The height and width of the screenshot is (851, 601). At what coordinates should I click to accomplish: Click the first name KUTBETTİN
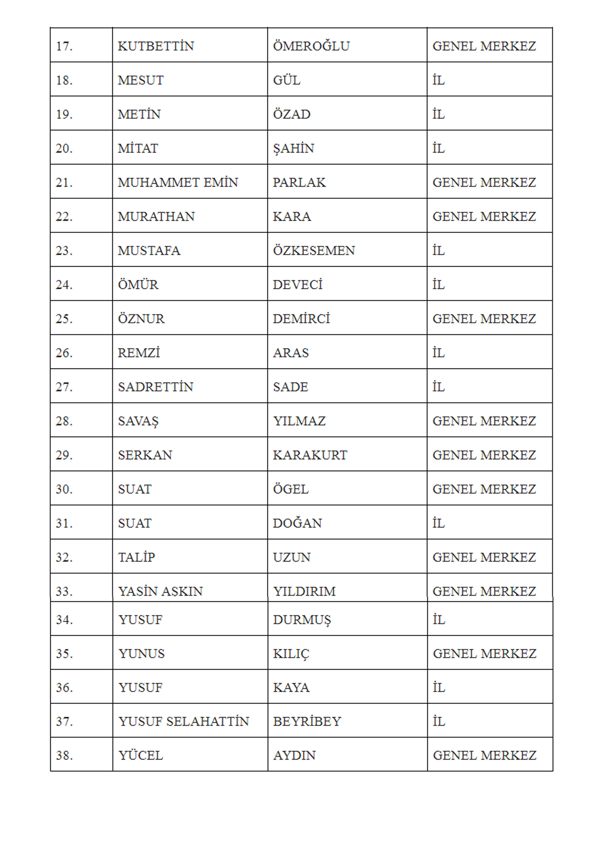[x=156, y=46]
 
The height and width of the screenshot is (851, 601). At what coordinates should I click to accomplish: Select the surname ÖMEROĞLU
[x=311, y=46]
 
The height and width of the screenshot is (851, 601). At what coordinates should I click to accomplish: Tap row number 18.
[x=64, y=80]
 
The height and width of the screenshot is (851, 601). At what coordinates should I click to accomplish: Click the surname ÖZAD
[x=292, y=114]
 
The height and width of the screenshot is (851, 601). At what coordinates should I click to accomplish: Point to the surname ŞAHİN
[x=293, y=148]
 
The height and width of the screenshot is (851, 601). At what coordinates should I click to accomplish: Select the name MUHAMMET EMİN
[x=178, y=182]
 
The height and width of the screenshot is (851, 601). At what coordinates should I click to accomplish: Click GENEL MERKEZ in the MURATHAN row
[x=484, y=216]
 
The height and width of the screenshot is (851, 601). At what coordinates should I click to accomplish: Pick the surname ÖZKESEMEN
[x=314, y=251]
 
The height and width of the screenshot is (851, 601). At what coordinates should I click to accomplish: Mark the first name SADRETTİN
[x=156, y=387]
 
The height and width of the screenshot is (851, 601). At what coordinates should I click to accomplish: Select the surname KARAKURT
[x=310, y=455]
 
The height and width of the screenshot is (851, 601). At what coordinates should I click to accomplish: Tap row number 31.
[x=64, y=523]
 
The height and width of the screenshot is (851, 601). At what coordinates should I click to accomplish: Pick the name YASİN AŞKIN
[x=160, y=591]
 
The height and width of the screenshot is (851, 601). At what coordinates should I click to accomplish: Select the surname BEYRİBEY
[x=307, y=721]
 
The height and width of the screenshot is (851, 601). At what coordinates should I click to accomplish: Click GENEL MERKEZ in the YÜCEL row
[x=484, y=755]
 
